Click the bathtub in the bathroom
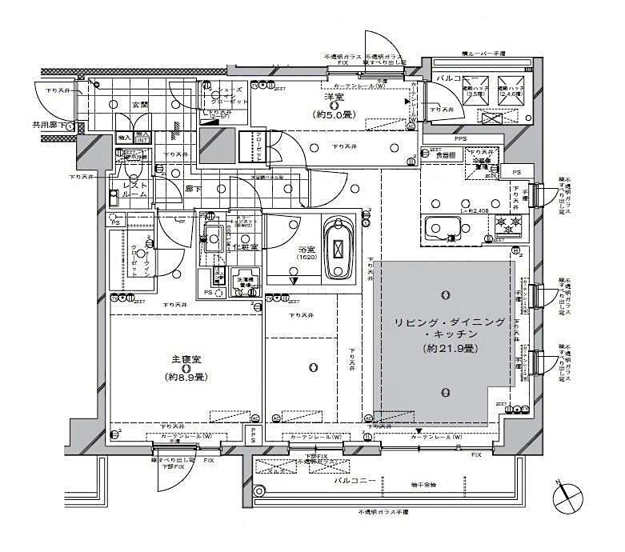tap(339, 249)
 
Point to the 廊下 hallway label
tap(194, 189)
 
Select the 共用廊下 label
tap(48, 125)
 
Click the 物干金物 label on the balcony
tap(413, 485)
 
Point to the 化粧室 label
tap(248, 247)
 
